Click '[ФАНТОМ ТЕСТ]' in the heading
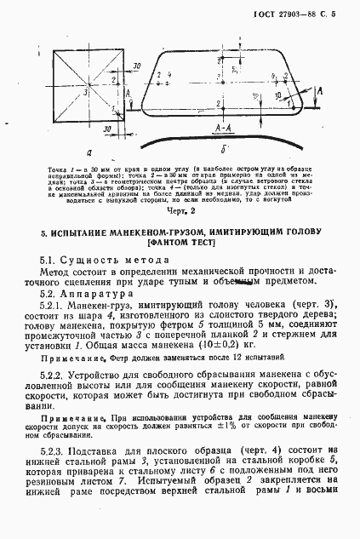(x=180, y=244)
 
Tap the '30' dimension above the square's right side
(x=136, y=65)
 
